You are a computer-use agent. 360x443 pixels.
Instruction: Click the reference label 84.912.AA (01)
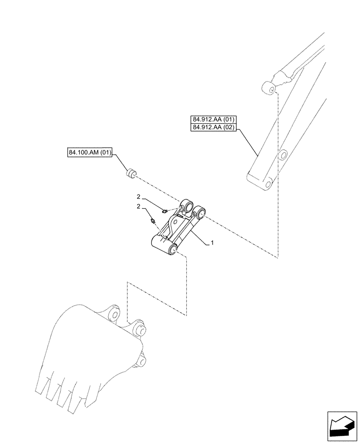tap(215, 119)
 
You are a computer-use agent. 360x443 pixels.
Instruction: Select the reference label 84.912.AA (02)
tap(215, 128)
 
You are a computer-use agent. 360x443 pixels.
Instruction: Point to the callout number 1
tap(213, 243)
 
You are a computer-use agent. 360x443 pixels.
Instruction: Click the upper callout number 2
tap(139, 196)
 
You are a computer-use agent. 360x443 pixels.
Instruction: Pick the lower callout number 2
tap(139, 206)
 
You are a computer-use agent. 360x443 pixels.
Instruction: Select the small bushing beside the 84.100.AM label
tap(131, 174)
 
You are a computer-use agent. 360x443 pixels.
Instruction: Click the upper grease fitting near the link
tap(164, 211)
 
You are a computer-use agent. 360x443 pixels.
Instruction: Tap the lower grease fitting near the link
tap(153, 220)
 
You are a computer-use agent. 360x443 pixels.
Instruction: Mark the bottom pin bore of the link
tap(173, 251)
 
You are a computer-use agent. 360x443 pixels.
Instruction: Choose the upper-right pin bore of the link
tap(200, 214)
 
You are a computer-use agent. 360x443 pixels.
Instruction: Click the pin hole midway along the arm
tap(282, 155)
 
